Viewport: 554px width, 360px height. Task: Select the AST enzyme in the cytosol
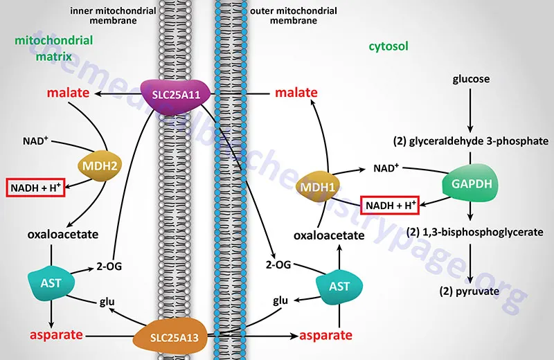tap(339, 285)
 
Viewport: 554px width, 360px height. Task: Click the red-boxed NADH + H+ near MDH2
tap(36, 187)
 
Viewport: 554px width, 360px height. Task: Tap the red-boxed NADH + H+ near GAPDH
tap(391, 206)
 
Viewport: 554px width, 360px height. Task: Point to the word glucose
tap(470, 79)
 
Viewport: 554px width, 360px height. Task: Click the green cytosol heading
tap(388, 46)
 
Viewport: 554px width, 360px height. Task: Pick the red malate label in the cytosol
tap(296, 92)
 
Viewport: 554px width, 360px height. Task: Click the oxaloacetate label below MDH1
tap(329, 235)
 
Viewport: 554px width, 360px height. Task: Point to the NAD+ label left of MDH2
tap(35, 141)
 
